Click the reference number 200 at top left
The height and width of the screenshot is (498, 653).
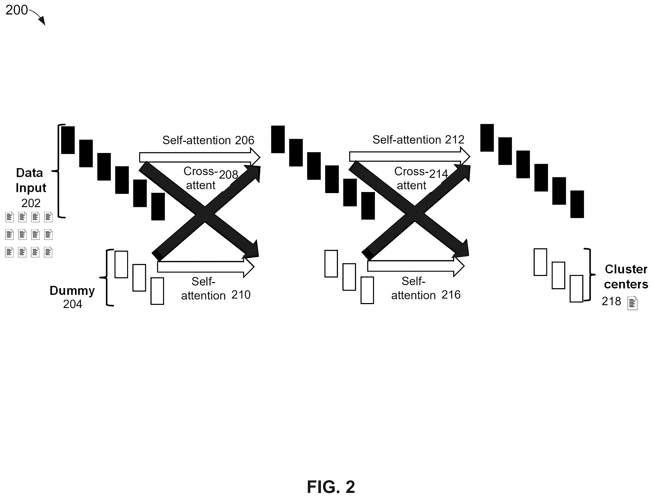pos(16,10)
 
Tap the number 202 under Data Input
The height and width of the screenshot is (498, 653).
pos(31,203)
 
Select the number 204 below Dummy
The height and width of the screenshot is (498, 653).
pos(72,304)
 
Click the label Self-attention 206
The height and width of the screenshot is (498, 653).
pos(208,140)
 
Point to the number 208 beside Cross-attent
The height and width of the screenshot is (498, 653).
pos(228,174)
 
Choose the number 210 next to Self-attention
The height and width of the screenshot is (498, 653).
pos(241,295)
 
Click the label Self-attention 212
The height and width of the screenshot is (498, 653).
pos(418,140)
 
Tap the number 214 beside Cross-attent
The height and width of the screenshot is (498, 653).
pos(438,174)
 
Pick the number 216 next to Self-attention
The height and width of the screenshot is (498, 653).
pos(451,295)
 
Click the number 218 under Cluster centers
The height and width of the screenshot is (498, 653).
pos(611,301)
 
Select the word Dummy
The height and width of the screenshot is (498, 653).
pos(72,291)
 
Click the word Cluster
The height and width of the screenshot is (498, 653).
pos(626,269)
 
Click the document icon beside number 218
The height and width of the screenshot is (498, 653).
pos(633,304)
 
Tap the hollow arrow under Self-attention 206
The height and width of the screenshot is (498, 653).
pos(200,158)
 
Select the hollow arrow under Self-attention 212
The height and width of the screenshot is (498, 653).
pos(410,156)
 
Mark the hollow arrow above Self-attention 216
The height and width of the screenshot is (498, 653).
pos(416,266)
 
